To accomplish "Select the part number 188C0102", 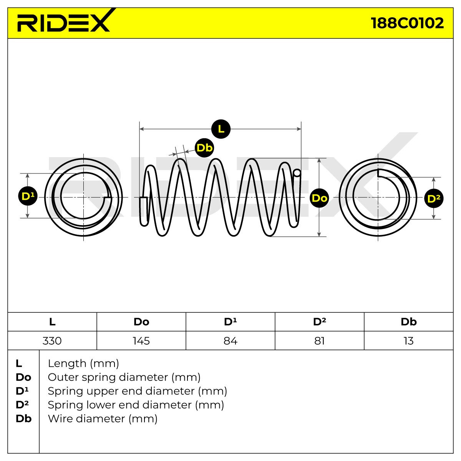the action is (407, 23).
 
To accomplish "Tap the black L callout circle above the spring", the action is (221, 129).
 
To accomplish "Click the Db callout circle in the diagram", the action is (204, 148).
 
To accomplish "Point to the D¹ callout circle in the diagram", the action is (28, 196).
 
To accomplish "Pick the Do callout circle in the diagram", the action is (319, 198).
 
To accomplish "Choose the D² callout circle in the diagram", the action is (434, 198).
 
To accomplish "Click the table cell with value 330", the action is (52, 341).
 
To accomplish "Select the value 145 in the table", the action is (141, 341).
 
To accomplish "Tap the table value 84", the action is (230, 341).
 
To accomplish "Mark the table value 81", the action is (319, 341).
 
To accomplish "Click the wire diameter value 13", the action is (408, 341).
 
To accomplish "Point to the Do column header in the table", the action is (141, 322).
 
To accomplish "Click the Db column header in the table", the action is (409, 322).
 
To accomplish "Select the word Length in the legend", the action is (67, 364).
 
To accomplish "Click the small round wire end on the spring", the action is (297, 173).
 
